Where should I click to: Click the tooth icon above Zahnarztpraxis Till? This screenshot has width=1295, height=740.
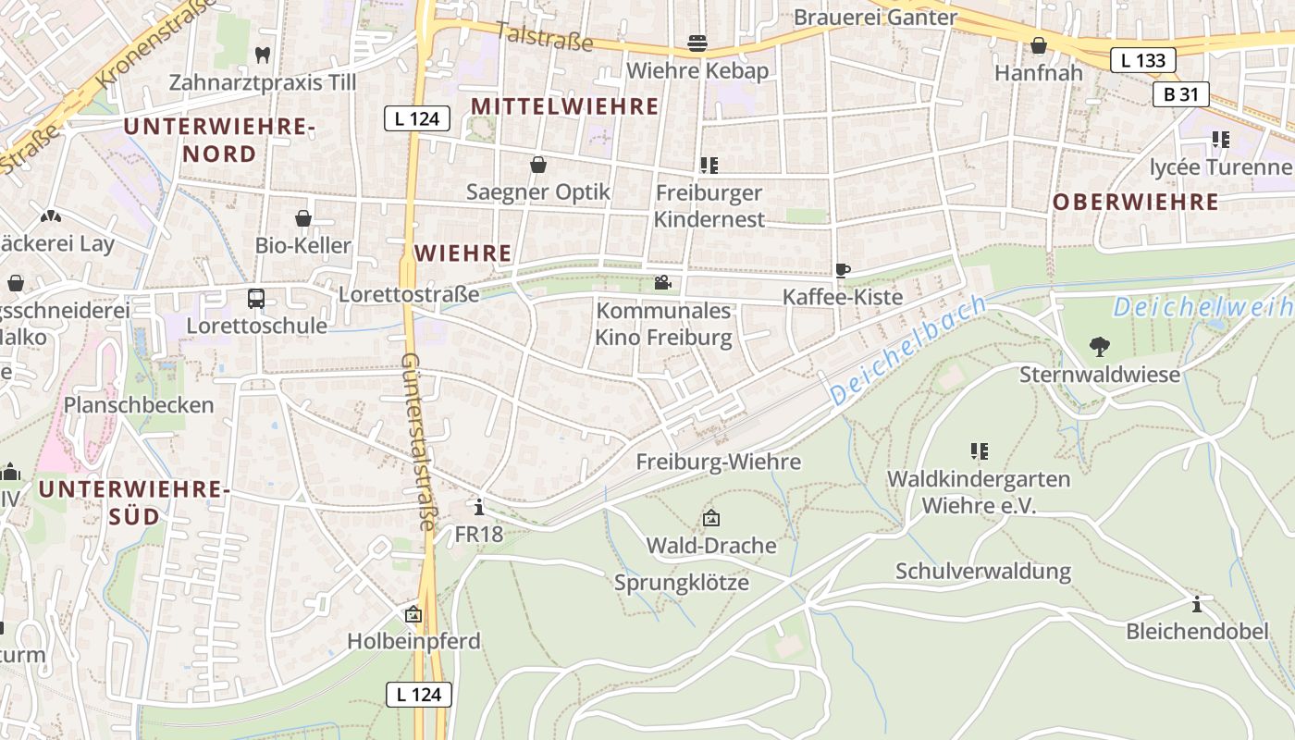[x=263, y=55]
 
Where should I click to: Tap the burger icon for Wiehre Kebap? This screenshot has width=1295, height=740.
[x=697, y=43]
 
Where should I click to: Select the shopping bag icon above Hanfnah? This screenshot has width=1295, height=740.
[x=1039, y=45]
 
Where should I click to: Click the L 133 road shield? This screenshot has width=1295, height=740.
[x=1142, y=61]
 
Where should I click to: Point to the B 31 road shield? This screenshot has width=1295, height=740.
[x=1181, y=94]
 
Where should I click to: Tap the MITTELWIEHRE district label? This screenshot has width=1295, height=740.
[x=565, y=106]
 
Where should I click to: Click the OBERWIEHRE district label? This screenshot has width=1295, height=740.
[x=1136, y=202]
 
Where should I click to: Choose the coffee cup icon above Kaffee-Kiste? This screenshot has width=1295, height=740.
[x=842, y=270]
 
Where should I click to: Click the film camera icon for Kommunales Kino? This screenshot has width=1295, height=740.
[x=662, y=282]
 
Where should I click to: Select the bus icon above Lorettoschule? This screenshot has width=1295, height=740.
[x=256, y=299]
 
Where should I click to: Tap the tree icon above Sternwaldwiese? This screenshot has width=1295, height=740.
[x=1099, y=347]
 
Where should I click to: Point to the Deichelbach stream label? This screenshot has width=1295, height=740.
[x=908, y=351]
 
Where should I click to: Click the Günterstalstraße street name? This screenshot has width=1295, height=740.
[x=418, y=441]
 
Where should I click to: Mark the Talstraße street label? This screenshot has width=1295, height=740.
[x=544, y=36]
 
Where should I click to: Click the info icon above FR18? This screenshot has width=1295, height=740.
[x=478, y=507]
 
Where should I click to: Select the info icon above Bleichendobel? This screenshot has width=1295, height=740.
[x=1197, y=604]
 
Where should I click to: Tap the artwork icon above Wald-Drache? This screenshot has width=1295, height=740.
[x=710, y=518]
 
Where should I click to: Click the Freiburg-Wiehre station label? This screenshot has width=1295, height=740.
[x=719, y=462]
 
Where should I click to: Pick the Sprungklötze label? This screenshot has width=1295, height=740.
[x=682, y=583]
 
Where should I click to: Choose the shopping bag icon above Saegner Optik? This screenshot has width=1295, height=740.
[x=537, y=165]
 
